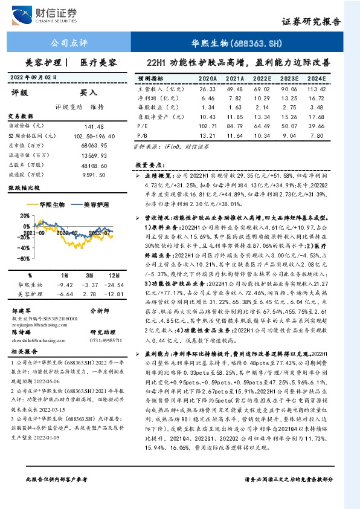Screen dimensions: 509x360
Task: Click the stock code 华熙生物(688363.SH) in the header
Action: pyautogui.click(x=237, y=44)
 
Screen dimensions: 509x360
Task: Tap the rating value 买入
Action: pyautogui.click(x=89, y=93)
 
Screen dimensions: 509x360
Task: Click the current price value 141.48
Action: pyautogui.click(x=95, y=126)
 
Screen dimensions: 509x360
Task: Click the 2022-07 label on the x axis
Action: pyautogui.click(x=97, y=232)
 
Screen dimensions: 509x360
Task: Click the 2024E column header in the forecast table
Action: pyautogui.click(x=316, y=79)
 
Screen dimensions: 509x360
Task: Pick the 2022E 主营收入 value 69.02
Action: pyautogui.click(x=263, y=89)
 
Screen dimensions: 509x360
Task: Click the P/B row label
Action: pyautogui.click(x=143, y=136)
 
